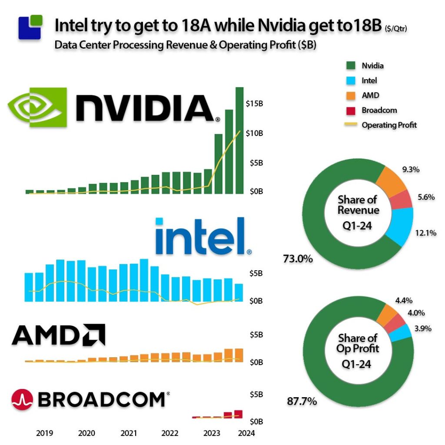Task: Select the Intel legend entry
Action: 369,80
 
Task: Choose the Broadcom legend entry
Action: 379,110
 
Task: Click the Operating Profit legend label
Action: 389,125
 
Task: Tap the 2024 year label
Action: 246,433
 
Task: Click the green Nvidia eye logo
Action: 38,107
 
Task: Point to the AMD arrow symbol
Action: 95,335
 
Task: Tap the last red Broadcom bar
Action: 238,414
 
